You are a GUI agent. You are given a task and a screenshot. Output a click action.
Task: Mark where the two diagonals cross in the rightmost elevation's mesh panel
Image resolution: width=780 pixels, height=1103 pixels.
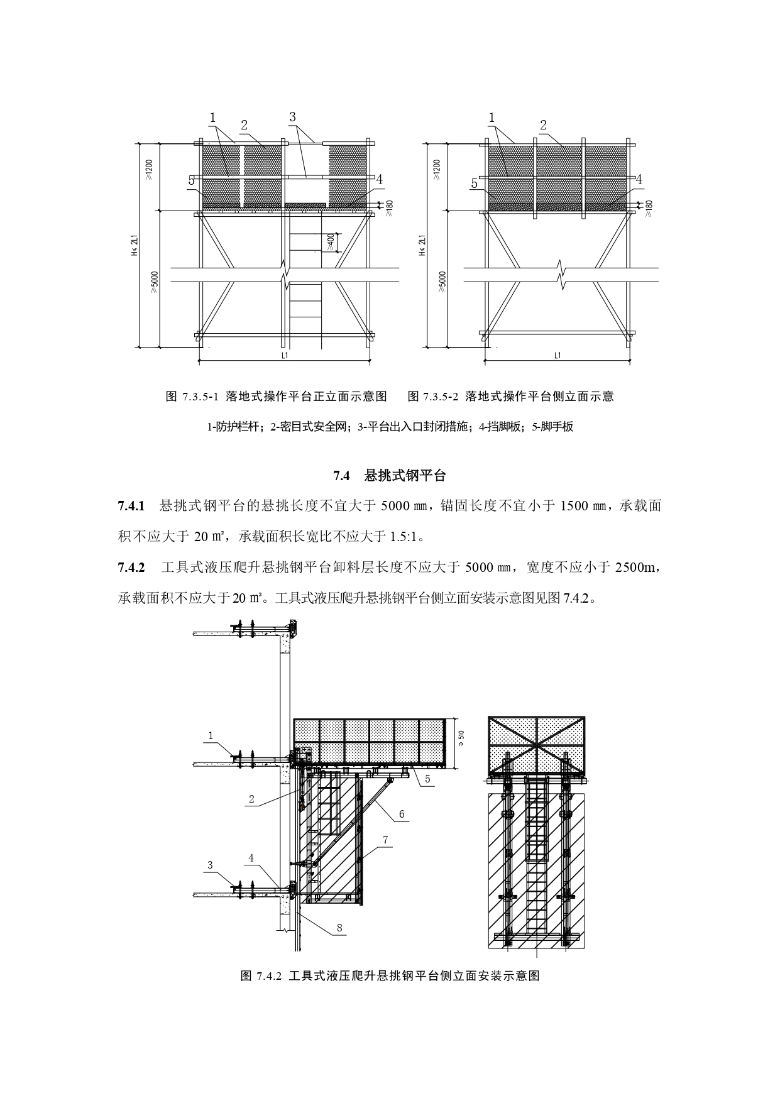pyautogui.click(x=537, y=745)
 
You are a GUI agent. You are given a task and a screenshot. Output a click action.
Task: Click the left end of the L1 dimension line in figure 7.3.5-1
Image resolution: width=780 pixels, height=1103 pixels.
pyautogui.click(x=199, y=361)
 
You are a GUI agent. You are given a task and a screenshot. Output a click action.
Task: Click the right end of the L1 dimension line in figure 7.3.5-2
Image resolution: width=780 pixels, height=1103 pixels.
pyautogui.click(x=630, y=361)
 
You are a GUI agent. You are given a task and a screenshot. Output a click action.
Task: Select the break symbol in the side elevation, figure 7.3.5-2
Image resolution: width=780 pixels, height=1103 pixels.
pyautogui.click(x=561, y=275)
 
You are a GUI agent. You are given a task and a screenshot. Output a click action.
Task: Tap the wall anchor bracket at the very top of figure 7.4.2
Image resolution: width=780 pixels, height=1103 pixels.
pyautogui.click(x=292, y=627)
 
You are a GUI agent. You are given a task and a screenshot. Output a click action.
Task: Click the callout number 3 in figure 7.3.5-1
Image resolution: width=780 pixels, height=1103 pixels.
pyautogui.click(x=292, y=117)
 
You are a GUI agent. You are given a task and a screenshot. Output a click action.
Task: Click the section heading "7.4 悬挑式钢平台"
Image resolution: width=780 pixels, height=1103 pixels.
pyautogui.click(x=389, y=476)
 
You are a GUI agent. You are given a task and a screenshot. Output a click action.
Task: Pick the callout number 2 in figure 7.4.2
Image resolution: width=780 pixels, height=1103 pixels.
pyautogui.click(x=251, y=799)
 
